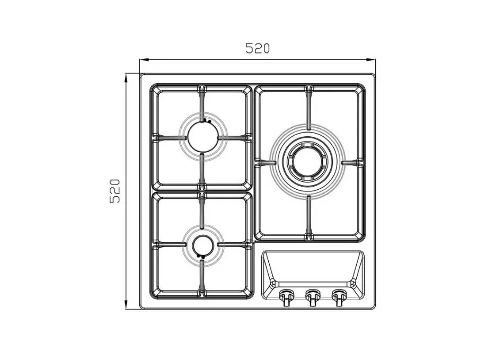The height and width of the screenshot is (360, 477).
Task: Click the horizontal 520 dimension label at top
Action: [258, 48]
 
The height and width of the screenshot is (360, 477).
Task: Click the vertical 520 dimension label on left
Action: [115, 191]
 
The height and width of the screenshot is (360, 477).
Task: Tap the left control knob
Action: [287, 297]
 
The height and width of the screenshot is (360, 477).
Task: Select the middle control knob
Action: [313, 297]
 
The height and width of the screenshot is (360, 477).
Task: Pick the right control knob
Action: [339, 297]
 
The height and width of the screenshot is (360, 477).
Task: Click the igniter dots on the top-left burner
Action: [207, 121]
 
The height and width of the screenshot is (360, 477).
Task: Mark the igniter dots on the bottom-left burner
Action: [200, 257]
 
